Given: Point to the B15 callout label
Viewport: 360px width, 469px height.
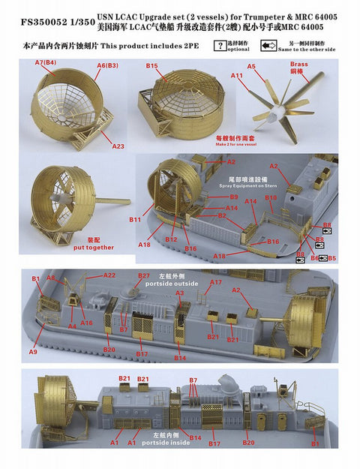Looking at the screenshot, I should [x=153, y=67].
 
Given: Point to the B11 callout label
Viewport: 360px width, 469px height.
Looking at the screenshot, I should [x=135, y=220].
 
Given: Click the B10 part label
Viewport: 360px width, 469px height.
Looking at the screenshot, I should [x=271, y=198].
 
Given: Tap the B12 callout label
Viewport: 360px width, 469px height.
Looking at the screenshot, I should [x=172, y=239].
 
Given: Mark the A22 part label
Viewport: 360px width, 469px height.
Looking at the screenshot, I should [x=110, y=275].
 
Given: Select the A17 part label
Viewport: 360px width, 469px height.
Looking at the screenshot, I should [x=216, y=282].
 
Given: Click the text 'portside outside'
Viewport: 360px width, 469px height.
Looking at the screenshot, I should [x=176, y=284].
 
